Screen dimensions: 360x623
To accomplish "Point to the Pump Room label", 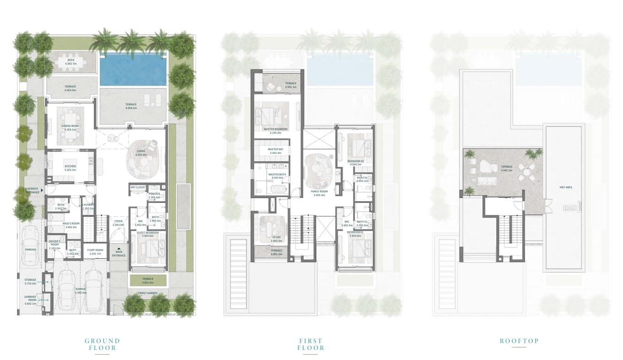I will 96,250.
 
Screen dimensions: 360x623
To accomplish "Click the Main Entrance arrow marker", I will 119,248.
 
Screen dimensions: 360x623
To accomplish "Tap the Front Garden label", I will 148,293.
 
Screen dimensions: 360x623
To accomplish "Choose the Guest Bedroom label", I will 148,233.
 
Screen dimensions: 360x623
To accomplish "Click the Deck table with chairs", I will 71,62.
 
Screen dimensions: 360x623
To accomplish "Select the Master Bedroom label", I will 276,129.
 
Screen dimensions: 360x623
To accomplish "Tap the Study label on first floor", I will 276,237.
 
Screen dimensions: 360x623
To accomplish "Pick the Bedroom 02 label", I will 355,161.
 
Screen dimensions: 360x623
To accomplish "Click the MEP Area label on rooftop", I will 566,187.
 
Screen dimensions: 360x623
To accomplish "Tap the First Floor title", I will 311,344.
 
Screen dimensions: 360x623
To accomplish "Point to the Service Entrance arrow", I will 42,190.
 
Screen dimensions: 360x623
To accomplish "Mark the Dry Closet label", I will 138,187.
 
